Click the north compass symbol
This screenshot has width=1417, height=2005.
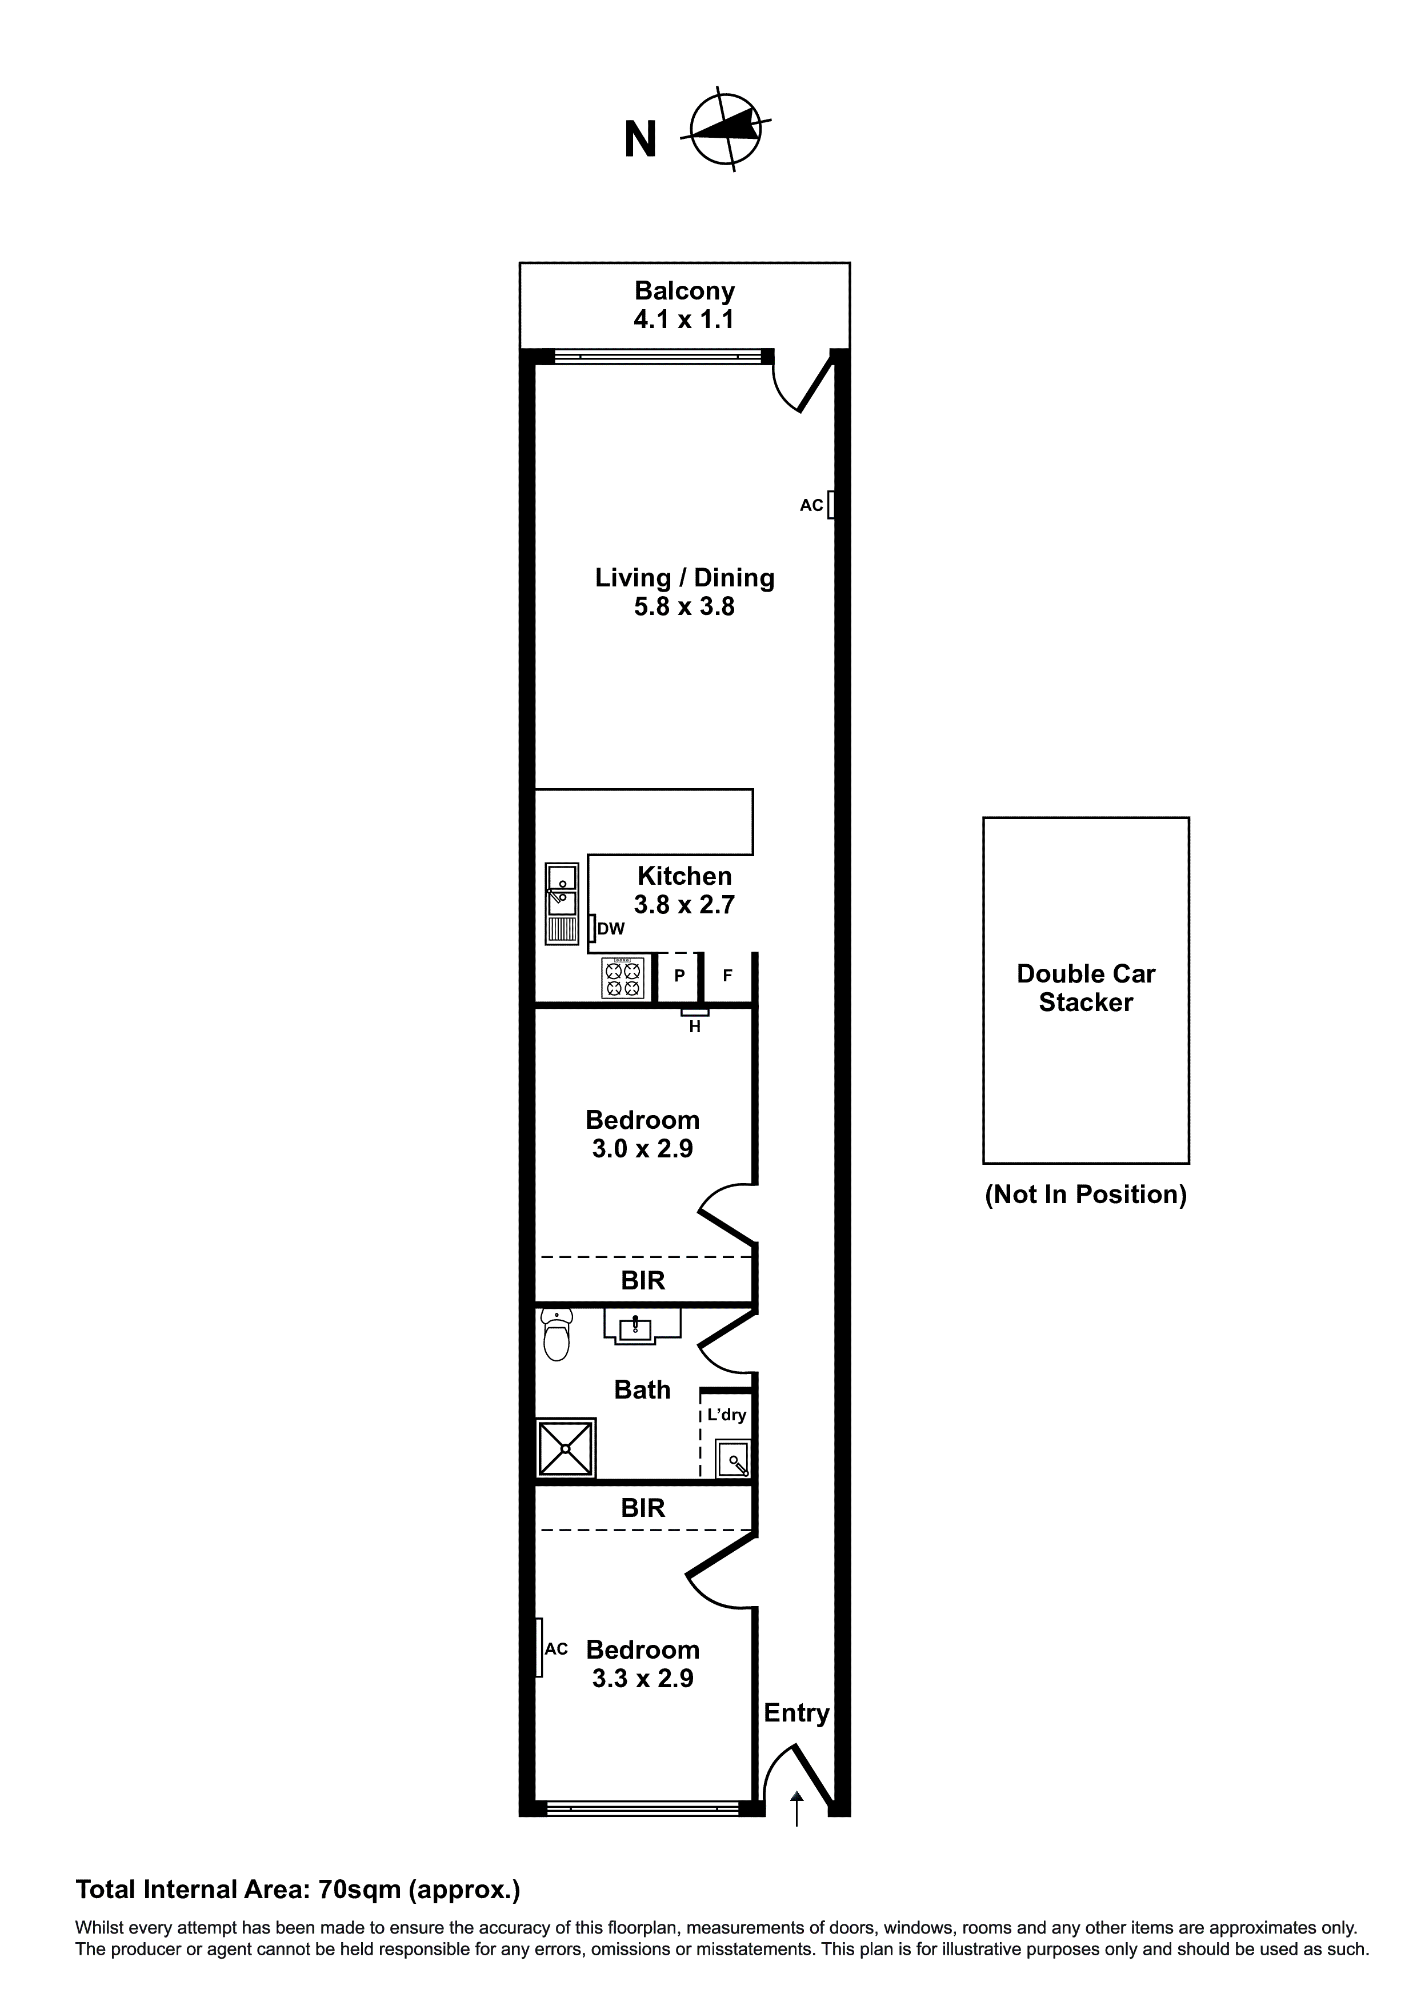coord(726,131)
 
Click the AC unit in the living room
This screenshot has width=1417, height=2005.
coord(831,505)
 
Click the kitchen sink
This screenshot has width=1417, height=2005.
coord(562,903)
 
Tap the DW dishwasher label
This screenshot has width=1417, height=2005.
coord(611,929)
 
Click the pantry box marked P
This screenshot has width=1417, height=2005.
coord(679,976)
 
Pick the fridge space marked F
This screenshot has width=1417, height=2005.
coord(727,976)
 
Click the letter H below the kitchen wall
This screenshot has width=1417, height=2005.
coord(695,1028)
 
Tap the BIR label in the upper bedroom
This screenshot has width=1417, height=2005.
coord(643,1281)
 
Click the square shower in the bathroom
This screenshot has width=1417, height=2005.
coord(566,1448)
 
